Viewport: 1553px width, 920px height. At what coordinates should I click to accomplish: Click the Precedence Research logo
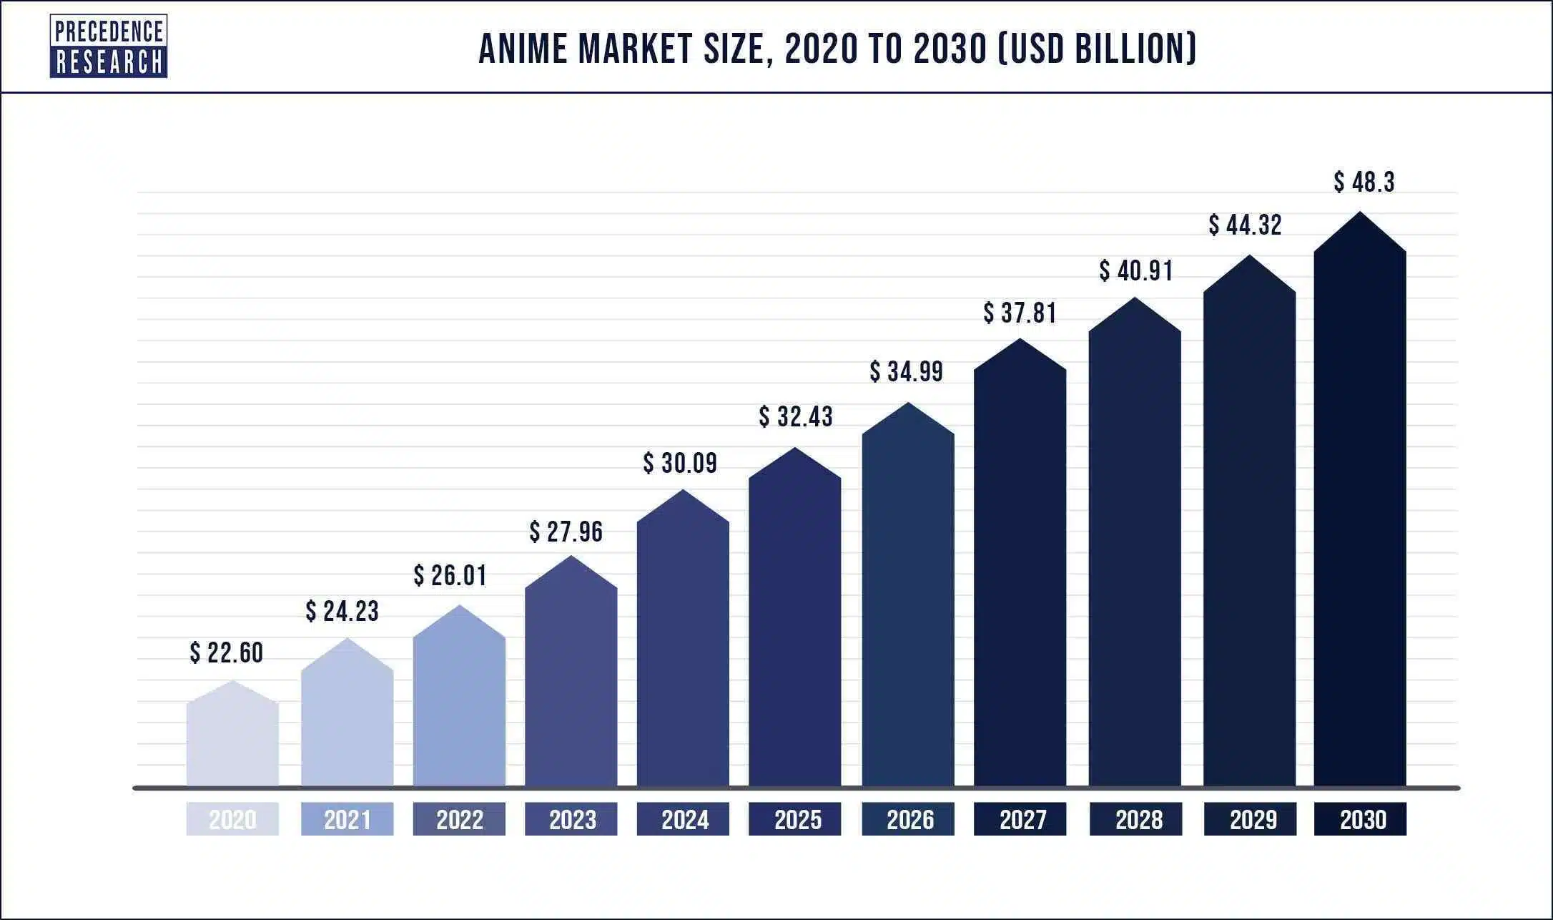tap(109, 47)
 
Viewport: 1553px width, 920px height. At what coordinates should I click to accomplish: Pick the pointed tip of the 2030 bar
tap(1359, 213)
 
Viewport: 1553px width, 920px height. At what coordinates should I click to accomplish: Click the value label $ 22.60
tap(227, 652)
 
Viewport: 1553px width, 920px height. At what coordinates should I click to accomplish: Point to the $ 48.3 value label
tap(1364, 182)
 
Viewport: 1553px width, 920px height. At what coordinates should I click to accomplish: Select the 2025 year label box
tap(795, 819)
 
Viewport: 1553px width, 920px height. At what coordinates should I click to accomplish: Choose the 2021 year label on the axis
tap(347, 819)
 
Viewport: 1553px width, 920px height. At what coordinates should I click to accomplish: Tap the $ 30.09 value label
tap(680, 463)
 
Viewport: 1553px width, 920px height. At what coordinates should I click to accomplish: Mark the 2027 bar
tap(1020, 572)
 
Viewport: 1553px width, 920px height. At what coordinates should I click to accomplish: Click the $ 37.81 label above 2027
tap(1020, 313)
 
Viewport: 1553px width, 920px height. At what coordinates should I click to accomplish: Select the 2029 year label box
tap(1250, 819)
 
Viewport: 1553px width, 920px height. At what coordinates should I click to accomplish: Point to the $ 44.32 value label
tap(1246, 225)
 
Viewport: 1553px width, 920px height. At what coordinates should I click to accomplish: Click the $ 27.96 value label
tap(566, 532)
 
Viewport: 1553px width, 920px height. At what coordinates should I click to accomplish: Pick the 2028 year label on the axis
tap(1135, 819)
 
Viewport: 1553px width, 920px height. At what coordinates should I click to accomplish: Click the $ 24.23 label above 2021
tap(342, 611)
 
